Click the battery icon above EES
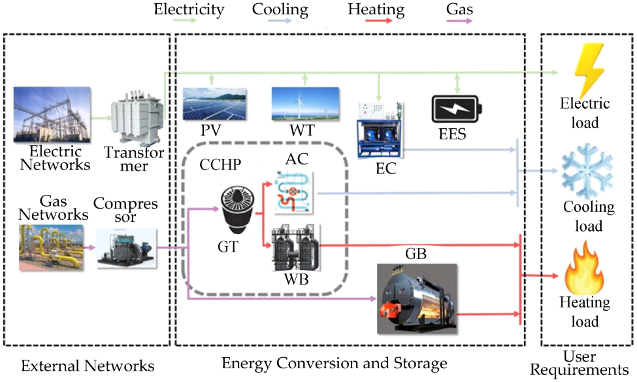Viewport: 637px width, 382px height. pos(456,109)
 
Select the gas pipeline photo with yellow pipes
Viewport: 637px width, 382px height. pos(51,248)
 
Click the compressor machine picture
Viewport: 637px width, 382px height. pos(127,248)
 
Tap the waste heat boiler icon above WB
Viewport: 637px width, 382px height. pos(294,249)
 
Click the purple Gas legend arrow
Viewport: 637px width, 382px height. pos(459,21)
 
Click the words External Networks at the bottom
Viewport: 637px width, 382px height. pos(88,365)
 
